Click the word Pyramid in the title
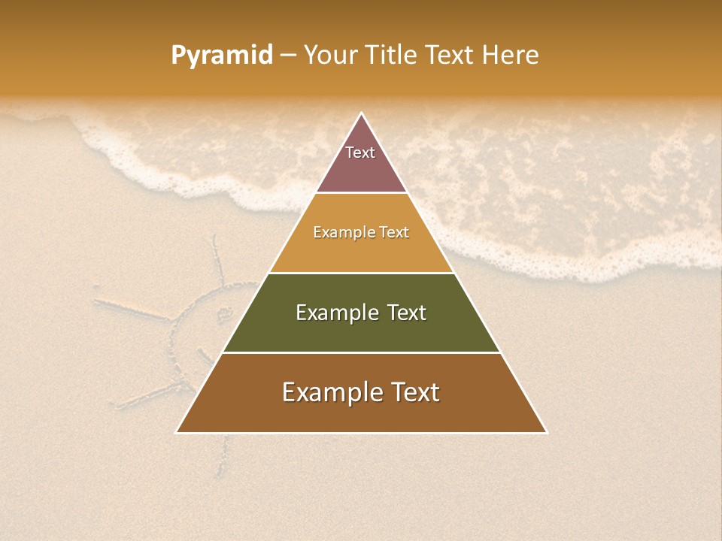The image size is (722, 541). click(x=222, y=55)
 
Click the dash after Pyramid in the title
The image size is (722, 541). click(x=288, y=56)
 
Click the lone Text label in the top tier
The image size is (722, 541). click(x=360, y=153)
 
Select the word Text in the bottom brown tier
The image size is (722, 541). click(x=410, y=392)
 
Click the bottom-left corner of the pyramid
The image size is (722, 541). click(x=177, y=432)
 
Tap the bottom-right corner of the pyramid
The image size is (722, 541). click(x=547, y=432)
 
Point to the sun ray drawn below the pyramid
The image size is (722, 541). click(x=222, y=455)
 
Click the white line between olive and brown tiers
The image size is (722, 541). click(x=361, y=352)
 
